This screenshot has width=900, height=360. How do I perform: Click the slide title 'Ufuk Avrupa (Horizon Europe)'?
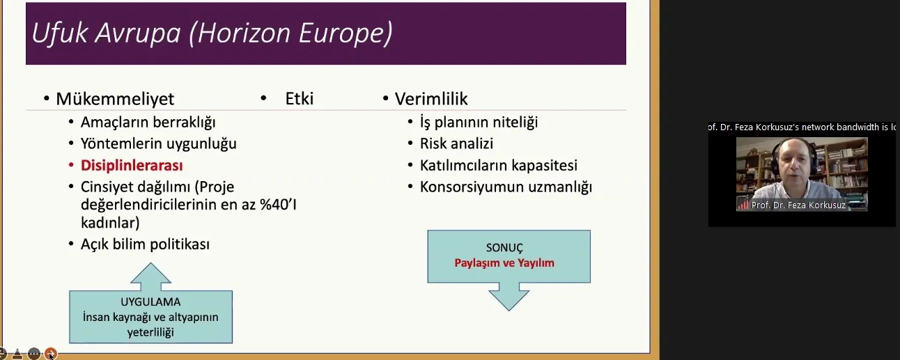click(212, 33)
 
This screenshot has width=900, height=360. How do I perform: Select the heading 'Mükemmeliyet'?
click(115, 99)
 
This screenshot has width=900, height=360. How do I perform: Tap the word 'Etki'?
click(300, 98)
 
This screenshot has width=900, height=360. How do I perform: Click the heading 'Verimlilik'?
click(431, 99)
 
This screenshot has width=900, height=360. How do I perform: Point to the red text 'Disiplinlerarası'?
click(132, 166)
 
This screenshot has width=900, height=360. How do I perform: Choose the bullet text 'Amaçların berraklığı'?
click(148, 123)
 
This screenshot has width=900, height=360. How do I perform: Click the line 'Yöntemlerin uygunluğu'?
click(159, 144)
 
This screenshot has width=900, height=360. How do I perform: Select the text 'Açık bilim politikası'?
click(145, 244)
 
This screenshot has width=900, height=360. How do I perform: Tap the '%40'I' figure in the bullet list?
click(278, 205)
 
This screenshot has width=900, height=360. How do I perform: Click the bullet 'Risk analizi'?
click(456, 143)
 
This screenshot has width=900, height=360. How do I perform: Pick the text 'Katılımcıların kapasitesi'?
click(499, 165)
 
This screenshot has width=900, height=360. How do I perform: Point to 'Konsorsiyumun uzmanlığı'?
click(506, 187)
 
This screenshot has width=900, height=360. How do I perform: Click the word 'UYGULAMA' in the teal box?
click(150, 302)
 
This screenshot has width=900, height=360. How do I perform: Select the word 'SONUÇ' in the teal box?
click(504, 247)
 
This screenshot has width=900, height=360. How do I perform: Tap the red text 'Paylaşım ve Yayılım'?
click(504, 263)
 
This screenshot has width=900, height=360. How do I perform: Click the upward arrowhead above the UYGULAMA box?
click(151, 274)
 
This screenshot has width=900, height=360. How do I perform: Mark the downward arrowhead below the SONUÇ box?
click(509, 298)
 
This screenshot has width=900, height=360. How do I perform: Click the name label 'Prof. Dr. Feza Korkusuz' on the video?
click(798, 205)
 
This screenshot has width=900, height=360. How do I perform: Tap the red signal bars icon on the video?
click(743, 205)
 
